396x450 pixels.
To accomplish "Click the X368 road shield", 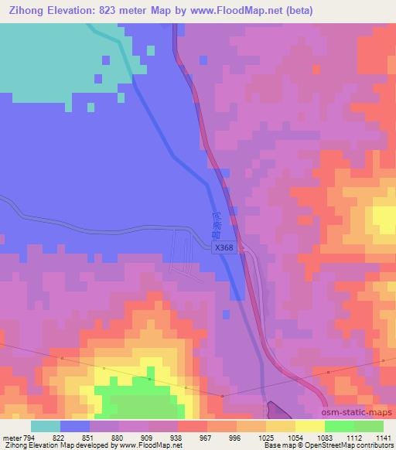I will (x=224, y=247).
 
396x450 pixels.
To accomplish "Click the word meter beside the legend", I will (x=12, y=438).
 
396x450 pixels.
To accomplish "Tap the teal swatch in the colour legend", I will (x=46, y=426).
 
